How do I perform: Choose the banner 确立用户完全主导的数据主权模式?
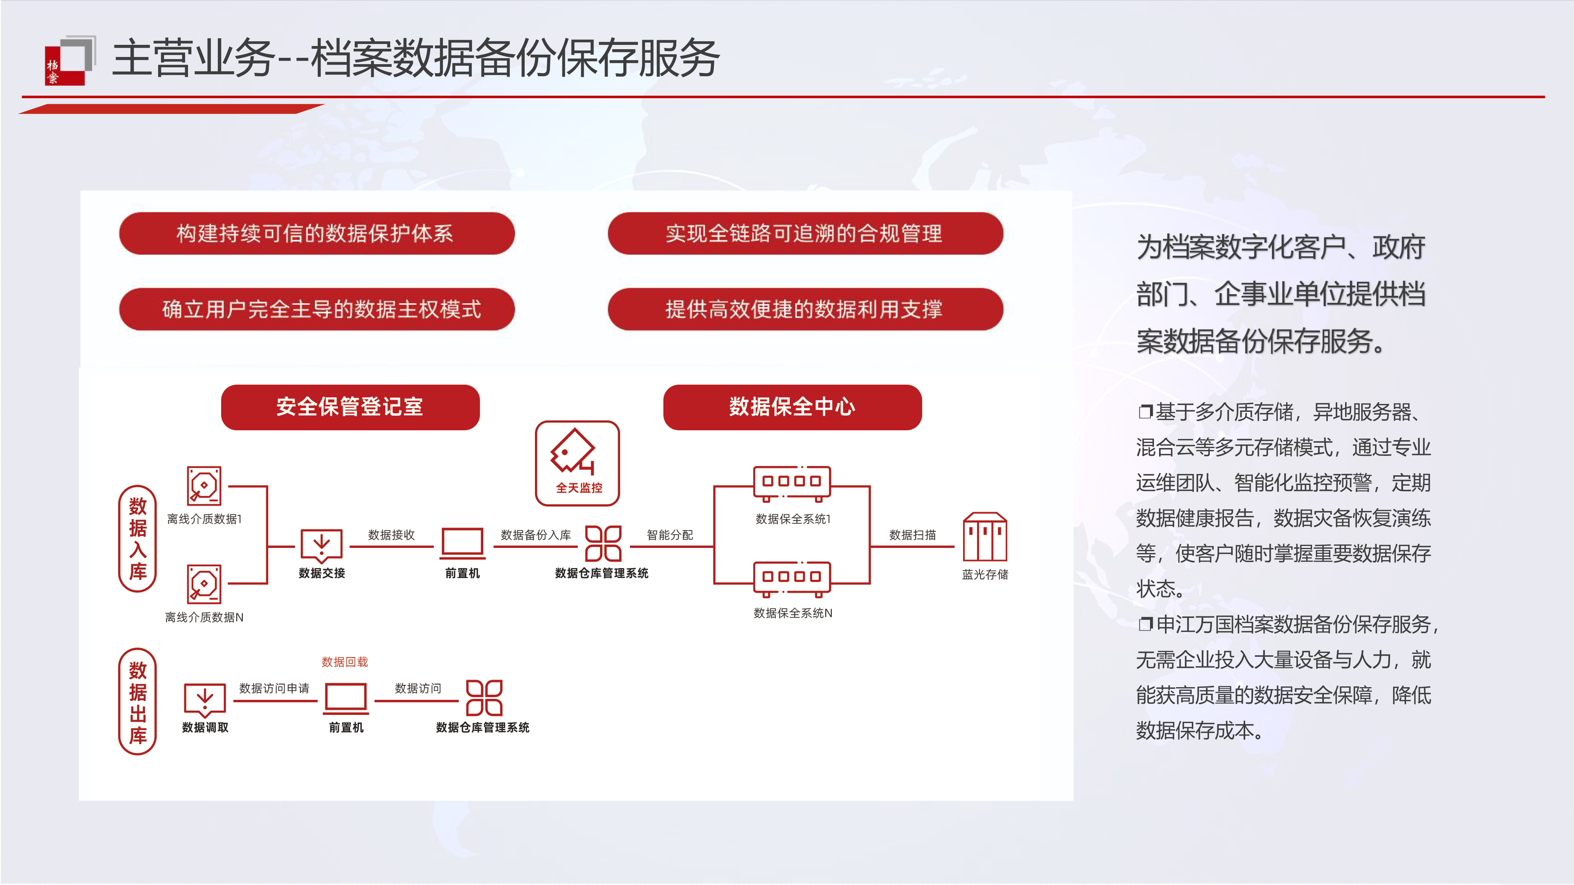317,309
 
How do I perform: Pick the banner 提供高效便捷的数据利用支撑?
805,309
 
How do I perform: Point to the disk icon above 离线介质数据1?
204,485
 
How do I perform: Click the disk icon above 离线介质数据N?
204,584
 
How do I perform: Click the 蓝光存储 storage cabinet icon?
984,537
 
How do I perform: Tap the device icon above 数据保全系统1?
791,483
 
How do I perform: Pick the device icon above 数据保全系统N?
791,578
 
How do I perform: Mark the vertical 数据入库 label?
138,538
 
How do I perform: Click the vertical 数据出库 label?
138,702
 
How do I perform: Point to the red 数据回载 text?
345,662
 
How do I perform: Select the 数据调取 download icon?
205,699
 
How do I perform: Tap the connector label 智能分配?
670,535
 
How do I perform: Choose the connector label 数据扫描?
912,535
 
